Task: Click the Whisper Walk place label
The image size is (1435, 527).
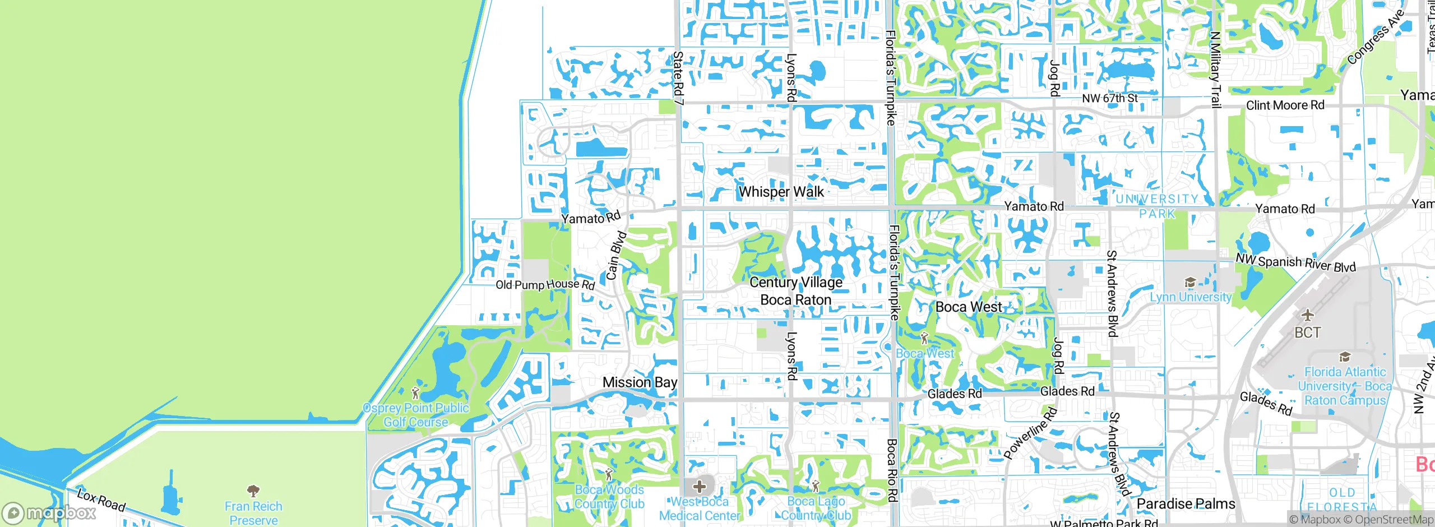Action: tap(781, 192)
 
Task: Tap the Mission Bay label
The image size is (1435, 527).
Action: tap(640, 382)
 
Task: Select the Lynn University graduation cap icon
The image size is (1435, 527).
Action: tap(1190, 283)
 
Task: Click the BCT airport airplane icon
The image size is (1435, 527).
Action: tap(1308, 315)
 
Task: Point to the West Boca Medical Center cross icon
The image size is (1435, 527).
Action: tap(700, 486)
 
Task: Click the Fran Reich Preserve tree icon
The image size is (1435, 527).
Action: tap(253, 491)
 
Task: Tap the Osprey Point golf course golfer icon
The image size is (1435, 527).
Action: tap(415, 392)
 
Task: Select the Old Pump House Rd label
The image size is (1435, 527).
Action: tap(545, 285)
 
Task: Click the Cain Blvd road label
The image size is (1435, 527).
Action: tap(617, 255)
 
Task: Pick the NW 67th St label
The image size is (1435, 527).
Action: tap(1109, 98)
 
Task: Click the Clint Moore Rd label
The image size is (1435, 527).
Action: tap(1285, 105)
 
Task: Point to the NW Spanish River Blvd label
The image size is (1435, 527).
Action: tap(1295, 263)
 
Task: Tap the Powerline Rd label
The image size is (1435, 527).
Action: tap(1031, 433)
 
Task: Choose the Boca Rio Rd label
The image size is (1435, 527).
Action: tap(892, 470)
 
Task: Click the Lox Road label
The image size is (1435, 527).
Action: tap(101, 500)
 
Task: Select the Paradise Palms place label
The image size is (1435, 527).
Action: tap(1186, 504)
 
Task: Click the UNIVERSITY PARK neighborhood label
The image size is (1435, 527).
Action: tap(1156, 206)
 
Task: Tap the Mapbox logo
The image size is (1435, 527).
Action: tap(49, 513)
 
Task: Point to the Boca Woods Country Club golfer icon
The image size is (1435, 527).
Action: tap(609, 475)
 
